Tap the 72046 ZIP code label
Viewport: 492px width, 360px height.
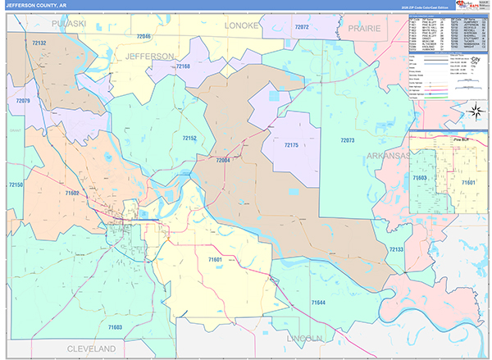pyautogui.click(x=144, y=37)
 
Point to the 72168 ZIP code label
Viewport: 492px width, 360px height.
pyautogui.click(x=182, y=66)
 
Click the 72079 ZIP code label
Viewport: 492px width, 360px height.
pyautogui.click(x=22, y=100)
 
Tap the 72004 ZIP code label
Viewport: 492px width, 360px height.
pyautogui.click(x=223, y=161)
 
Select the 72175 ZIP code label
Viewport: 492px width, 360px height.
pyautogui.click(x=291, y=145)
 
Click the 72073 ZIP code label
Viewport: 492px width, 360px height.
pyautogui.click(x=347, y=140)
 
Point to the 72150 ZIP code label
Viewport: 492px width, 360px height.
pyautogui.click(x=16, y=185)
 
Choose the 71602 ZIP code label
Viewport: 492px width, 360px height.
pyautogui.click(x=71, y=193)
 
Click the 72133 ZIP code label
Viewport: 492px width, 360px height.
pyautogui.click(x=395, y=248)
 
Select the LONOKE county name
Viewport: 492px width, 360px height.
pyautogui.click(x=242, y=25)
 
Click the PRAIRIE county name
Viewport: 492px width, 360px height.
pyautogui.click(x=364, y=27)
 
